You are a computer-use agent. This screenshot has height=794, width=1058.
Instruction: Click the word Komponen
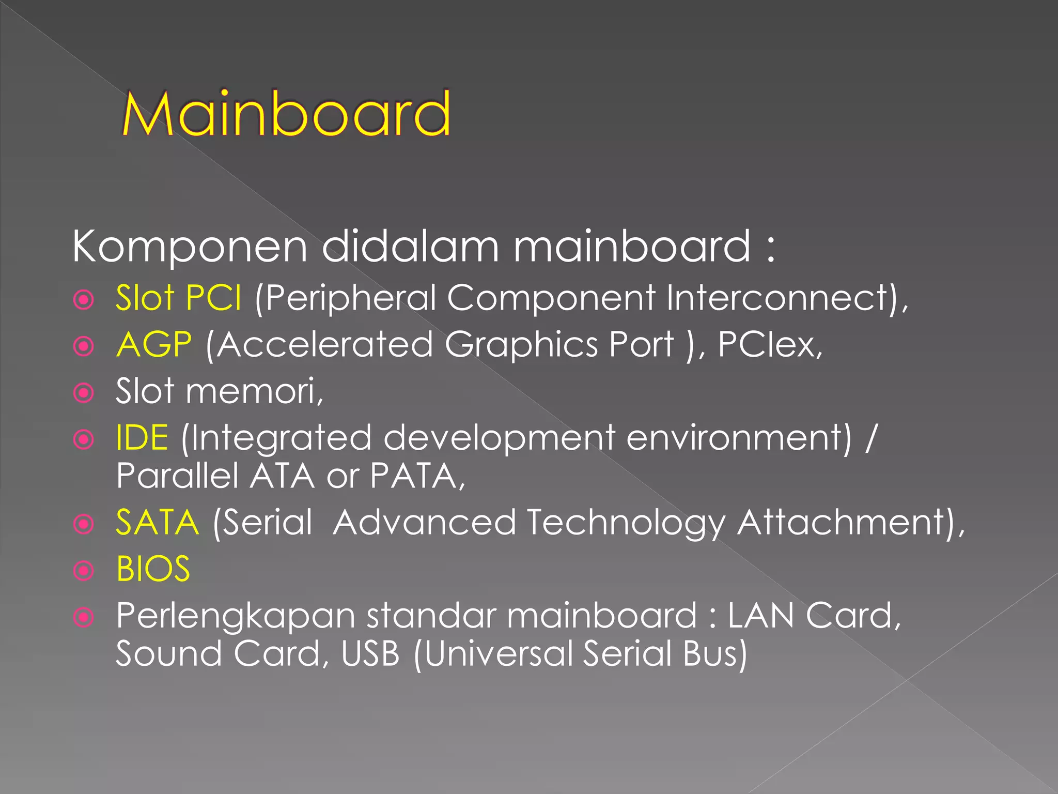(190, 247)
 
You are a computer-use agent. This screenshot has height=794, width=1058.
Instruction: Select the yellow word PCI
(213, 298)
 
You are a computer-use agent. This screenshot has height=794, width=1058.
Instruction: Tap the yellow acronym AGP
(154, 344)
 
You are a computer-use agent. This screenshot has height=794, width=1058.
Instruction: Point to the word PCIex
(769, 344)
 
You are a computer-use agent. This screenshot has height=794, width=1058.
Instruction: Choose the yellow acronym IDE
(142, 437)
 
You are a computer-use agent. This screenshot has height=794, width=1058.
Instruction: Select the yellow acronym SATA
(157, 522)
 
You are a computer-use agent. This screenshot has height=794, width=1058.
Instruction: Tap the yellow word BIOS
(153, 569)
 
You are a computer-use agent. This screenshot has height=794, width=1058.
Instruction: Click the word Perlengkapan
(235, 616)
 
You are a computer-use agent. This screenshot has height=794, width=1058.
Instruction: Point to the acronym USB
(370, 653)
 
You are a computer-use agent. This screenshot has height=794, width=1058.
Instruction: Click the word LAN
(760, 615)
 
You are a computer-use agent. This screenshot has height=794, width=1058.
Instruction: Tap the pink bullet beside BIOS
(84, 571)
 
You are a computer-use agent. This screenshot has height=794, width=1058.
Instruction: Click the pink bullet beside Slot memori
(84, 393)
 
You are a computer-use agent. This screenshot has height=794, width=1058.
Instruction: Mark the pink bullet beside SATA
(84, 524)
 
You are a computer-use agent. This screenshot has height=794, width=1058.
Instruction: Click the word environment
(738, 438)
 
